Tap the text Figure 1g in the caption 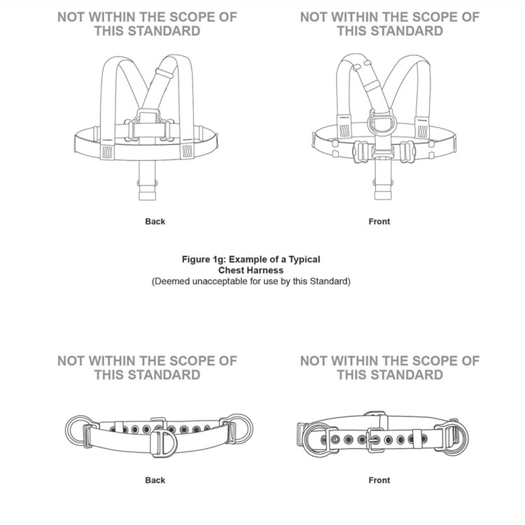click(x=204, y=260)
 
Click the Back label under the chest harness click(x=155, y=221)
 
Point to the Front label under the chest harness click(x=379, y=221)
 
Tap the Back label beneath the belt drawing click(x=155, y=480)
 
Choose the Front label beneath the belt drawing click(x=379, y=480)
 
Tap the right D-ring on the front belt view click(x=465, y=437)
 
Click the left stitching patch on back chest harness click(x=108, y=152)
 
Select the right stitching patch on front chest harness click(x=422, y=132)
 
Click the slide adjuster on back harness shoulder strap click(x=164, y=73)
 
